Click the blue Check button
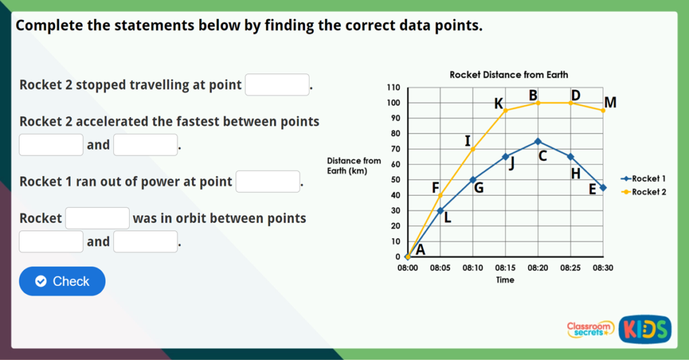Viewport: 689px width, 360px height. click(62, 281)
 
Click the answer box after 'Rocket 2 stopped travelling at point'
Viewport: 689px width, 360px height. click(277, 85)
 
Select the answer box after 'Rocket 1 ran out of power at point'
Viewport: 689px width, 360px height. click(268, 182)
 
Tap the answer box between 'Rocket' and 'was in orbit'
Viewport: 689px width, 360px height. click(98, 218)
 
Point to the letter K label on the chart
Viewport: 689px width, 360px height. click(499, 104)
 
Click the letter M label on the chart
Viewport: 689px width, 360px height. click(610, 103)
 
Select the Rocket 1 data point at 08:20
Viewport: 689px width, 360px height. click(538, 141)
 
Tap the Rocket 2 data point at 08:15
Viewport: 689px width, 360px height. click(505, 110)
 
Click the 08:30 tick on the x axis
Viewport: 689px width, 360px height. click(603, 268)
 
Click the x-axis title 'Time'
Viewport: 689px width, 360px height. click(505, 280)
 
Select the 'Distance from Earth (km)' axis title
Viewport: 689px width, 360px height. click(353, 166)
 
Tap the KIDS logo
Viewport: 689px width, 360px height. click(645, 328)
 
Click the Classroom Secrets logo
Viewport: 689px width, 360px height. click(590, 328)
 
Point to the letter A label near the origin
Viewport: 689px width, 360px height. click(421, 250)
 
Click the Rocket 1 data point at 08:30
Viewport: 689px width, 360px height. click(603, 188)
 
